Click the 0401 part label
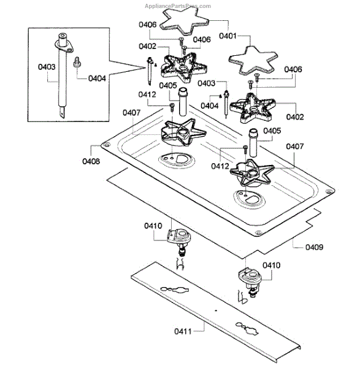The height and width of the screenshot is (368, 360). click(228, 36)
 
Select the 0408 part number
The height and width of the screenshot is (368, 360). click(91, 161)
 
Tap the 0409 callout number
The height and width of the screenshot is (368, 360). click(314, 247)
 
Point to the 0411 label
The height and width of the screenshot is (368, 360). click(183, 331)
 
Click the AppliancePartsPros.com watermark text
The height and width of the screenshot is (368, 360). click(178, 6)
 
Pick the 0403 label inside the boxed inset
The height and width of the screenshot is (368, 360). click(47, 67)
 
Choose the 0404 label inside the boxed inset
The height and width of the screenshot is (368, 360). click(97, 79)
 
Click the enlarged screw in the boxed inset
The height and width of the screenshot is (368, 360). click(77, 62)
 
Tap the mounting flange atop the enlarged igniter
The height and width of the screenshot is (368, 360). click(64, 46)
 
